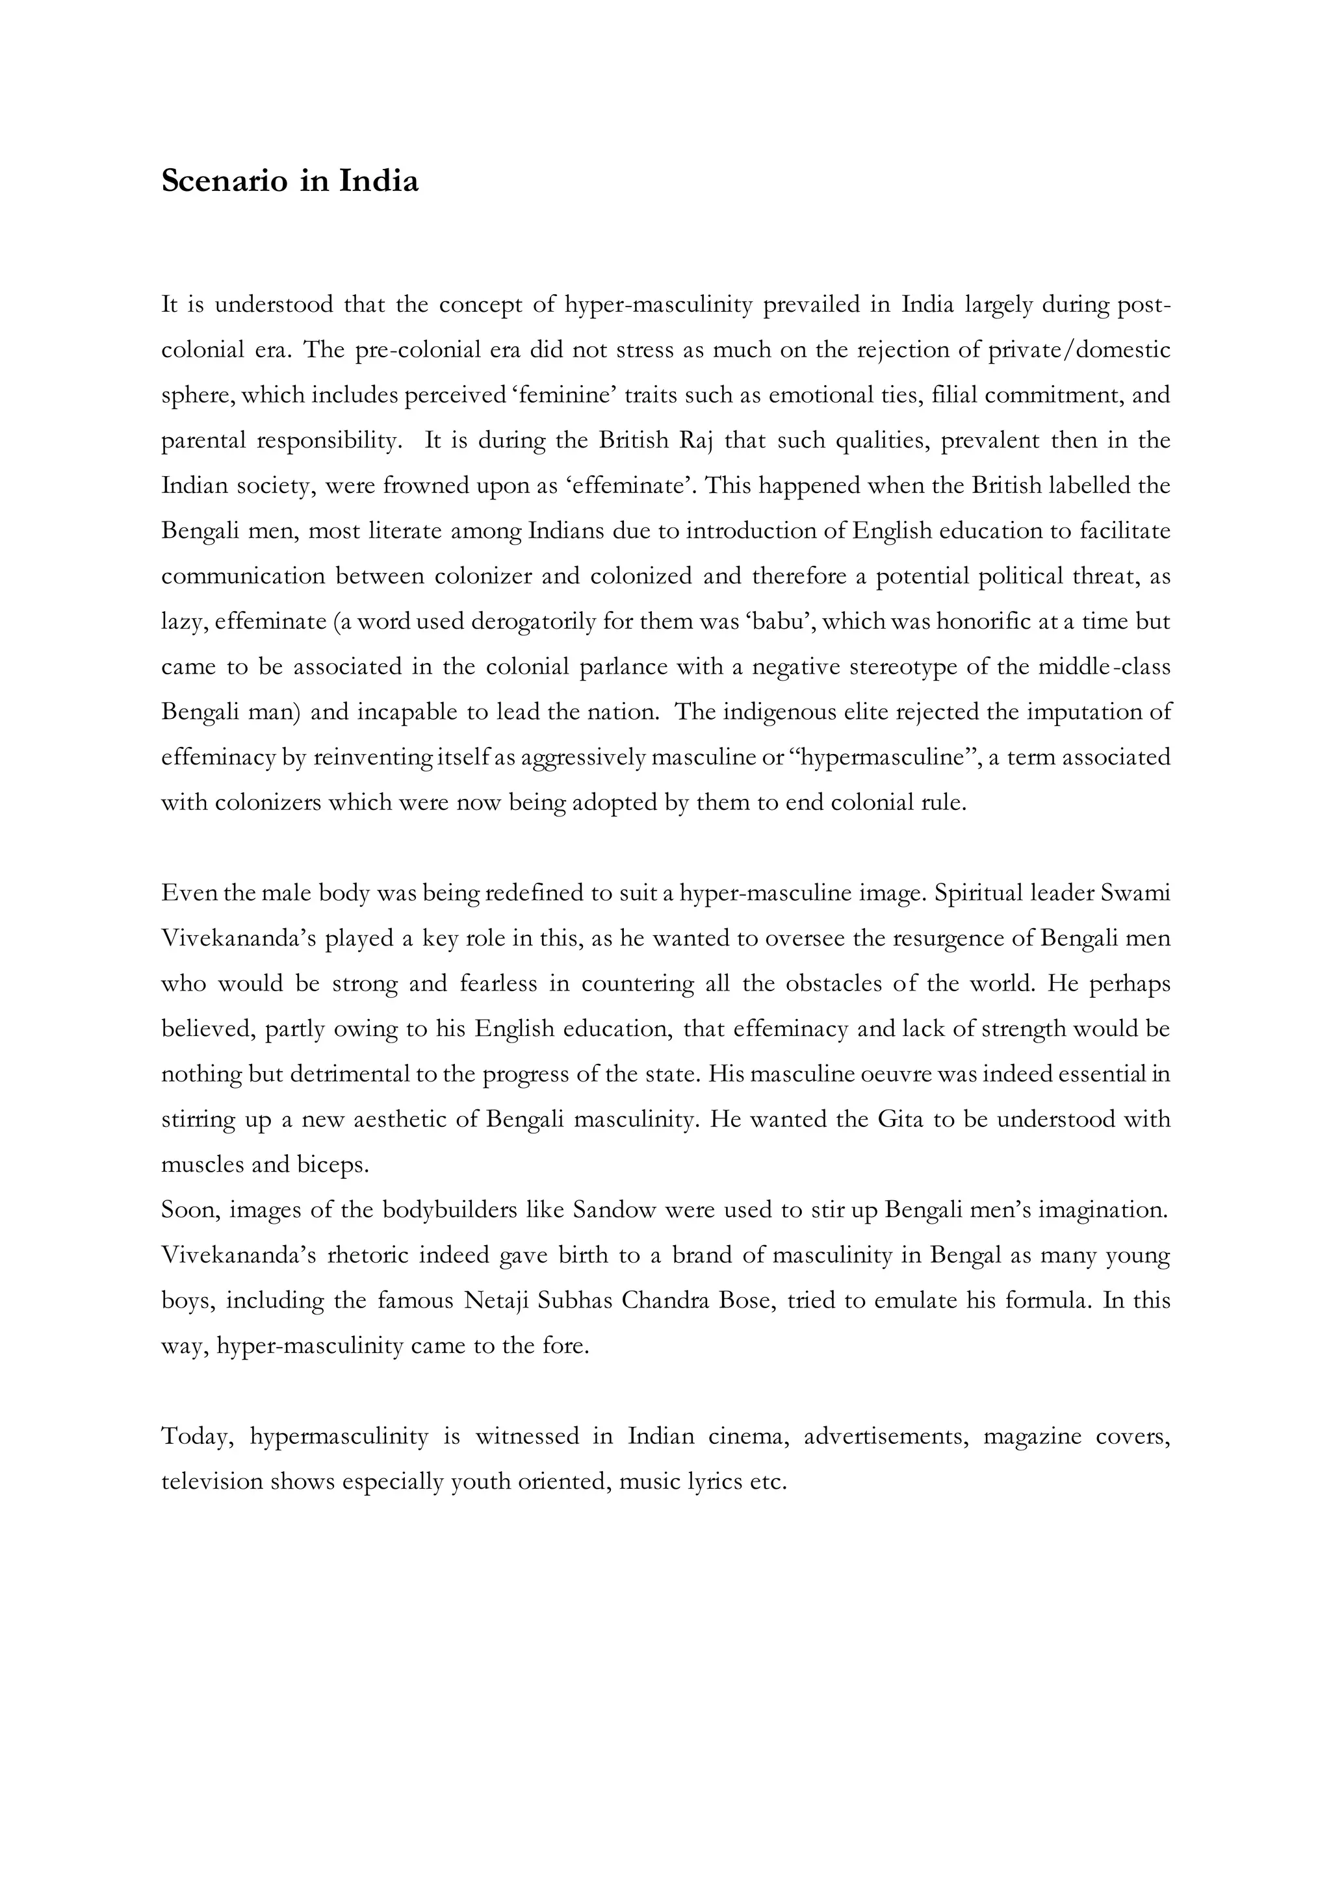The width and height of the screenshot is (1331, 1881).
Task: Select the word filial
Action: [x=953, y=396]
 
